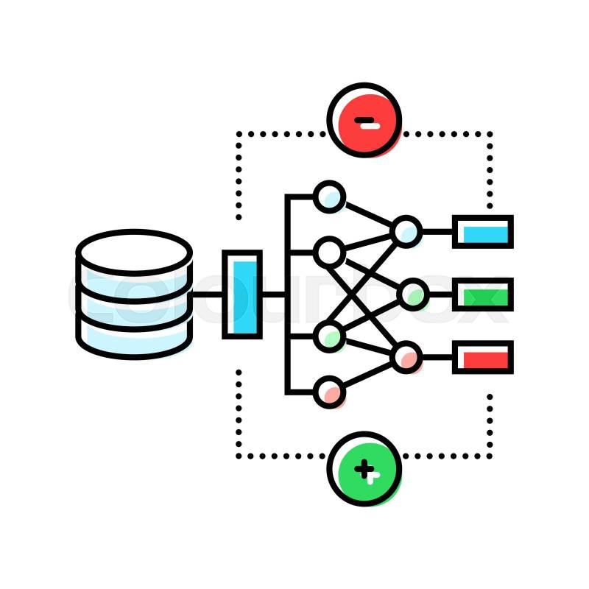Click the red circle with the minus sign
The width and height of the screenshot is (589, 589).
(364, 120)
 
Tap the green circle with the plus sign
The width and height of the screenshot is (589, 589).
(364, 468)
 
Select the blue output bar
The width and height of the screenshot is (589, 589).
(482, 232)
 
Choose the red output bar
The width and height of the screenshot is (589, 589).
(482, 358)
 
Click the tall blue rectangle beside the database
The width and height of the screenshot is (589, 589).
(241, 294)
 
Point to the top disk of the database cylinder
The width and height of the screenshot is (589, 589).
(134, 253)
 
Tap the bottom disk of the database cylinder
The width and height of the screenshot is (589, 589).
(134, 337)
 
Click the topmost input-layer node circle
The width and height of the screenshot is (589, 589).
(328, 197)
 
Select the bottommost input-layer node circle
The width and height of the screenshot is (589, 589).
(328, 392)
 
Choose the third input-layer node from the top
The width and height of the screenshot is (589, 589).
(328, 336)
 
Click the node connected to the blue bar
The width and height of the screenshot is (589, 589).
(406, 231)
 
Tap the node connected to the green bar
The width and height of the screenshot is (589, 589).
(412, 294)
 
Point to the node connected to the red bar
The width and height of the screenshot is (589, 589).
(406, 358)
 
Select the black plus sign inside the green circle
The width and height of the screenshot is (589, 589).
(364, 468)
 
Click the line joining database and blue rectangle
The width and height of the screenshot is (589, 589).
(208, 294)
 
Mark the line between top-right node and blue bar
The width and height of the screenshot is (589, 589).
(437, 231)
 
